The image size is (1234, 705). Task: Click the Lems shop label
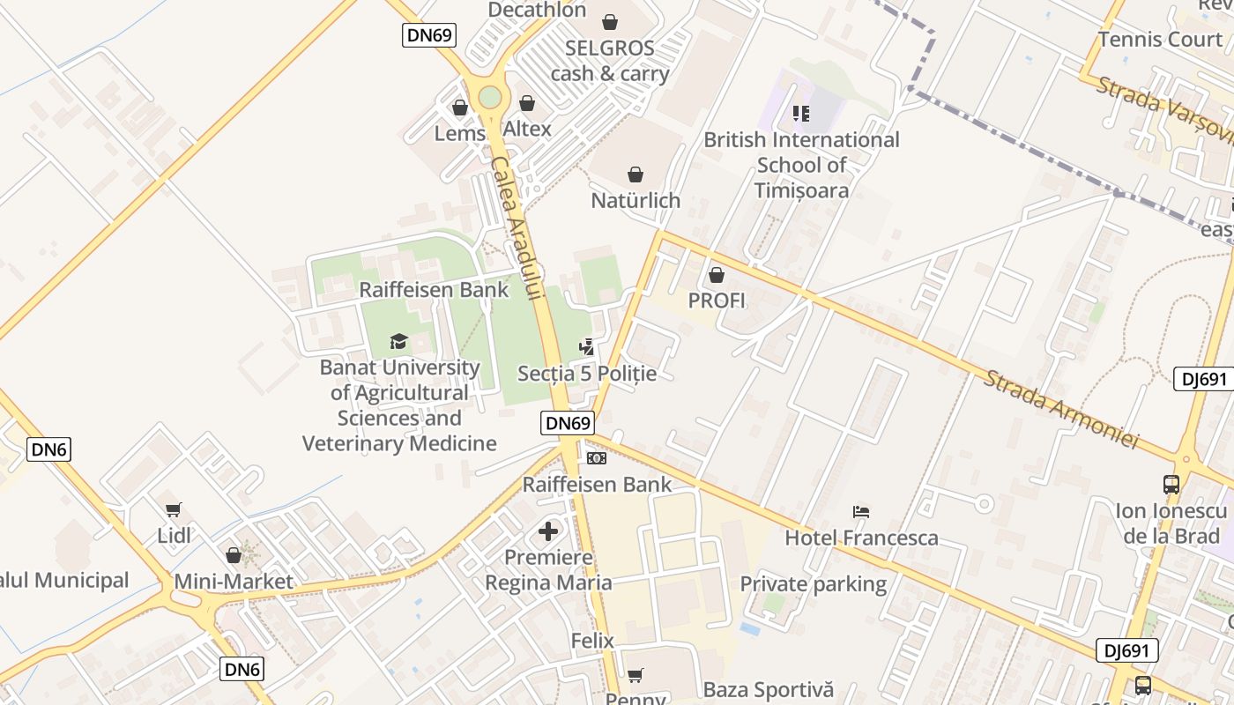pos(459,134)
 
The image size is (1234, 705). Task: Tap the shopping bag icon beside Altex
pos(527,104)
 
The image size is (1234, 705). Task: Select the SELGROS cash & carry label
pos(610,61)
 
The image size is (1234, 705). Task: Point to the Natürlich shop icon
pos(635,174)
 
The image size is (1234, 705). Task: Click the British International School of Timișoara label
pos(801,165)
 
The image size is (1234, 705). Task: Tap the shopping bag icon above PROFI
pos(716,275)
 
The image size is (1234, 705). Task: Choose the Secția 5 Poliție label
pos(587,374)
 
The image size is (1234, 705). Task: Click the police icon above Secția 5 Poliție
pos(586,347)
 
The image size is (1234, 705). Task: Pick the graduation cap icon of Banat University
pos(399,341)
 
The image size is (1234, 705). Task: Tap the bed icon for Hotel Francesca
pos(861,512)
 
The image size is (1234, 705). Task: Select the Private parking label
pos(813,584)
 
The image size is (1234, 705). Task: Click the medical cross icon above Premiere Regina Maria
pos(548,531)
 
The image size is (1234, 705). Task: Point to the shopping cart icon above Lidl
pos(174,509)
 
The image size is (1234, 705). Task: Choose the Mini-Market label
pos(234,582)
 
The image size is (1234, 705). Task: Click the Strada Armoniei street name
pos(1061,409)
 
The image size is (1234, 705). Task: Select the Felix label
pos(592,641)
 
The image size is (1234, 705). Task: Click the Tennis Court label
pos(1160,40)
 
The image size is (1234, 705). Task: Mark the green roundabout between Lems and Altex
pos(490,97)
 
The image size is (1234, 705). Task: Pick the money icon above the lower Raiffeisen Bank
pos(597,458)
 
